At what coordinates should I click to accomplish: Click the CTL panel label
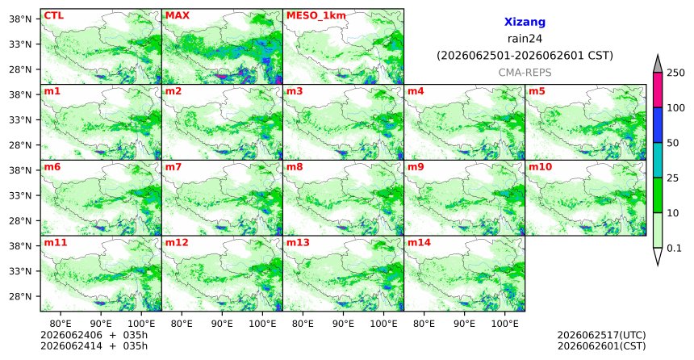coord(53,15)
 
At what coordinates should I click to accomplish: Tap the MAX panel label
coord(177,15)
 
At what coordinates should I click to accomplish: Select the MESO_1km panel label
coord(316,15)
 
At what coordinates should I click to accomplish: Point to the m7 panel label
coord(173,167)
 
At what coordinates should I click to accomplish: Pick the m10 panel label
coord(540,167)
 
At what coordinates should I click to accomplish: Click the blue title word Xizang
coord(525,22)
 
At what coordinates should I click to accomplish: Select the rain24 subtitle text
coord(525,39)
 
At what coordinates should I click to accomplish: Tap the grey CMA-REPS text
coord(525,73)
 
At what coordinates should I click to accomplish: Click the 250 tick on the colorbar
coord(675,73)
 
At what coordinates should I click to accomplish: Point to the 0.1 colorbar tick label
coord(674,248)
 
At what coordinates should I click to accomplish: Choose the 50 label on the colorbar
coord(673,143)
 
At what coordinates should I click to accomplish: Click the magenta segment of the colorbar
coord(657,90)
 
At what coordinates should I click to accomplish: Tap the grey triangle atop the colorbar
coord(657,65)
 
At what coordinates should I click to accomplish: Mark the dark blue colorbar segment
coord(657,125)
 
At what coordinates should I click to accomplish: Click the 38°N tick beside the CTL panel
coord(20,19)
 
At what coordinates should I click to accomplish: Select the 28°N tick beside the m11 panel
coord(20,296)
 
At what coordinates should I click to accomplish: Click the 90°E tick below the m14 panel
coord(464,324)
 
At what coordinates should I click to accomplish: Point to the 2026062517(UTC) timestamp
coord(601,335)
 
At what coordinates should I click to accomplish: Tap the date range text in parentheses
coord(525,56)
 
